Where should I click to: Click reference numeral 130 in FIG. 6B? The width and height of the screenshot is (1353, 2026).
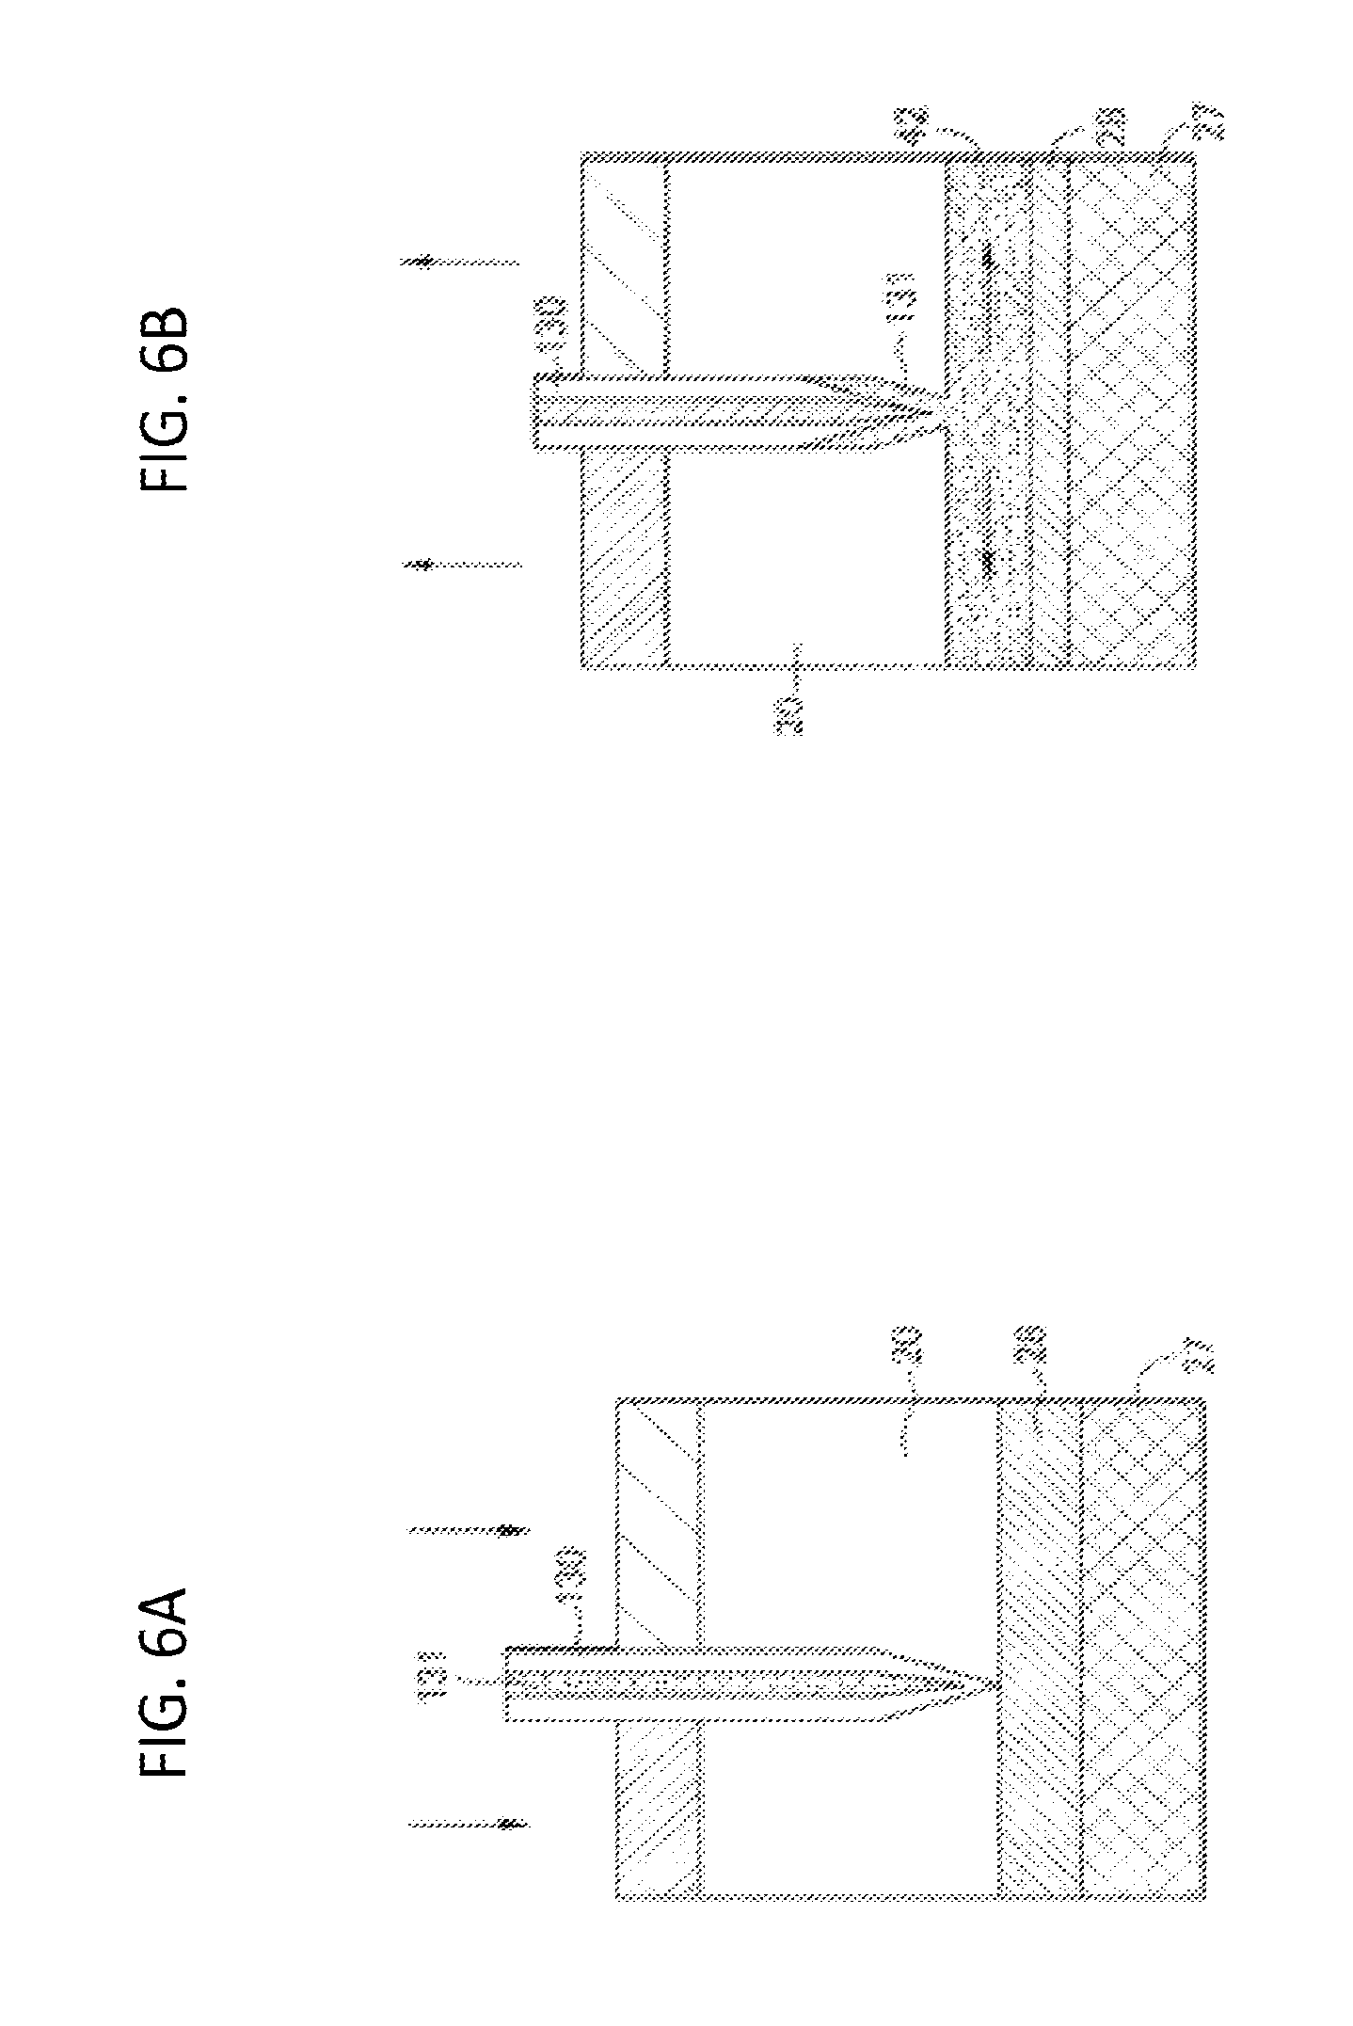[549, 324]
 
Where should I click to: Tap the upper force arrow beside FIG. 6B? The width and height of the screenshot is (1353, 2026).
[459, 262]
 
